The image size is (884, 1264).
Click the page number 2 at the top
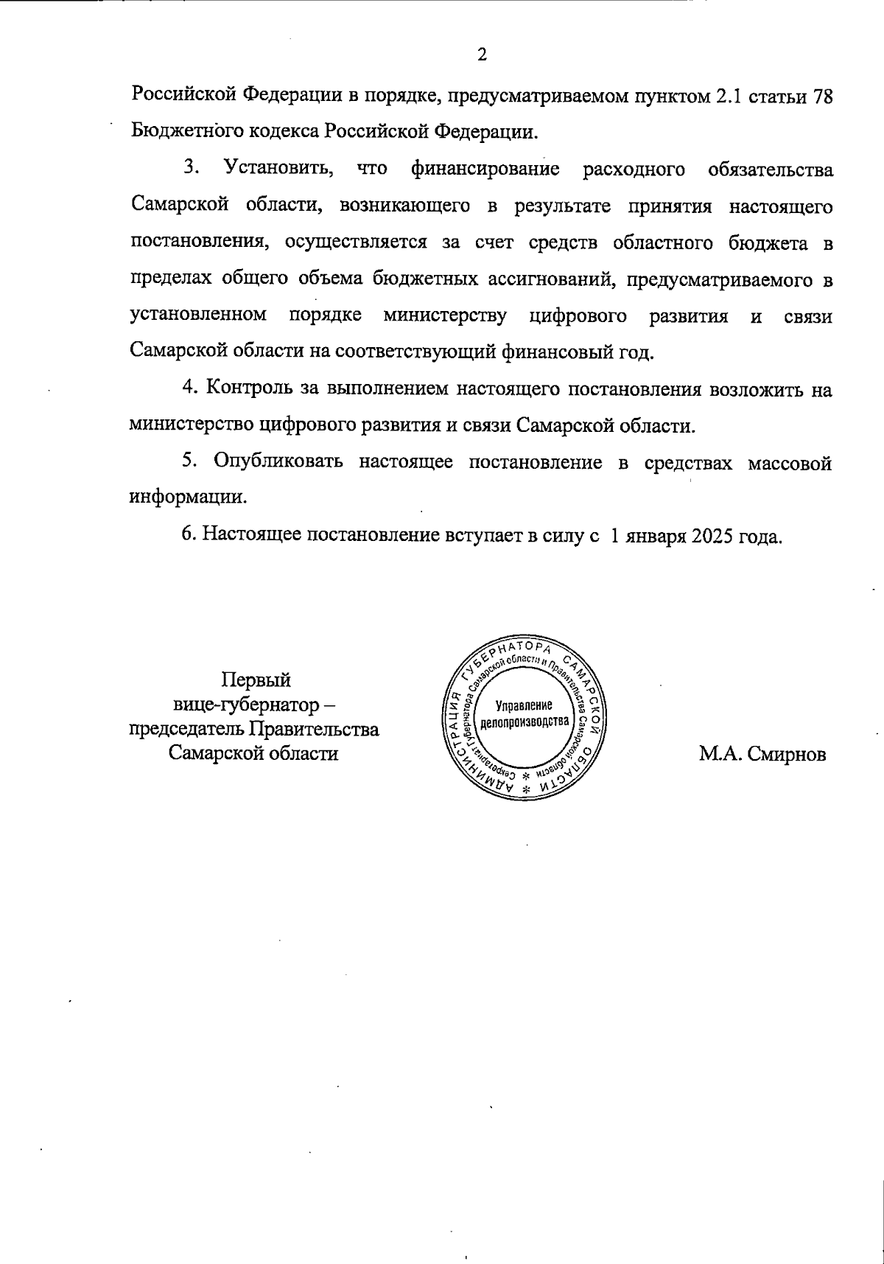point(482,55)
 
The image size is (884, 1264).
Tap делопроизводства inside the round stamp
point(524,721)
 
